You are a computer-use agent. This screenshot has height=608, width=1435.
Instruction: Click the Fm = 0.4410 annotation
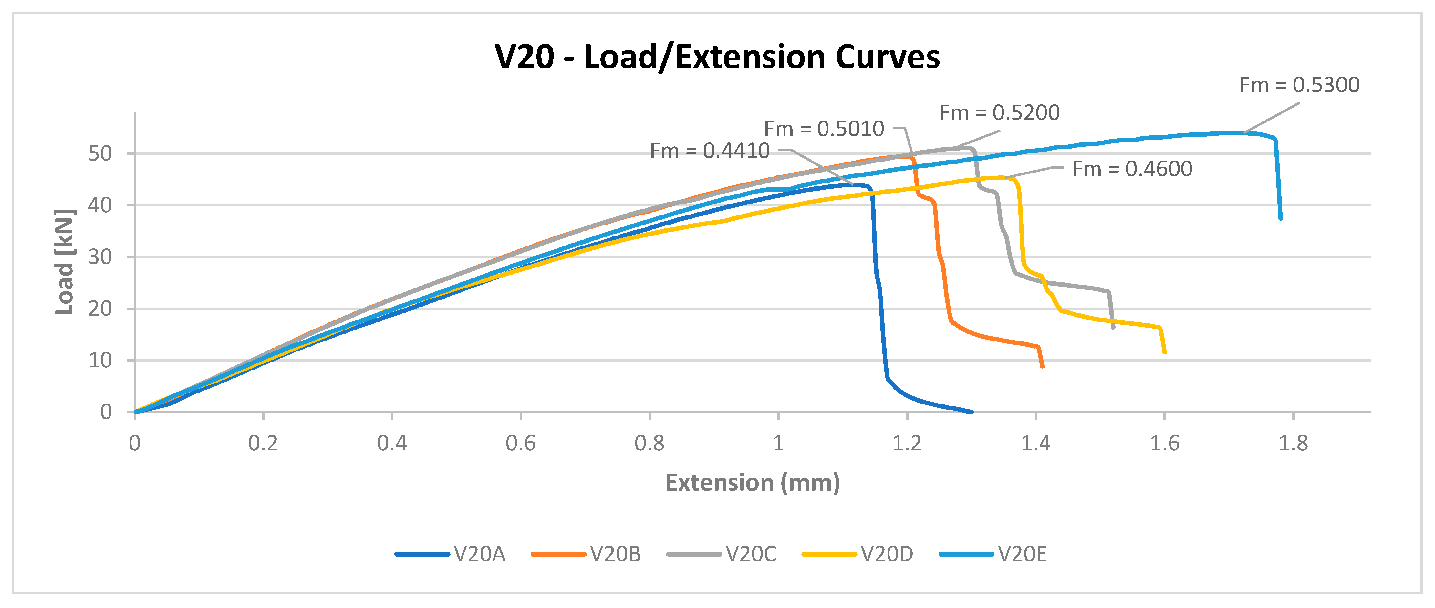(710, 151)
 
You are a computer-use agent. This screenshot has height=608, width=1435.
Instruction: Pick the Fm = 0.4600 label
(1132, 169)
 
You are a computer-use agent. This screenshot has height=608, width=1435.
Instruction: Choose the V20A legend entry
(450, 554)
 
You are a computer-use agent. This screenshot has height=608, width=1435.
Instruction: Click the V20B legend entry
(586, 554)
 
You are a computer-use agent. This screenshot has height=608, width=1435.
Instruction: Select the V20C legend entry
(722, 554)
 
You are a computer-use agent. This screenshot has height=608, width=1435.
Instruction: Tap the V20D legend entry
(858, 554)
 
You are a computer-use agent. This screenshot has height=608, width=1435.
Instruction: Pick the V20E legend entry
(993, 554)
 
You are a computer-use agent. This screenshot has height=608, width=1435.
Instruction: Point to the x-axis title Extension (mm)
(753, 483)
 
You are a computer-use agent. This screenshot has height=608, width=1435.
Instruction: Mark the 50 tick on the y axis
(100, 154)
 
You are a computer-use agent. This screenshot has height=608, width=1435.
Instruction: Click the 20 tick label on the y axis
(100, 309)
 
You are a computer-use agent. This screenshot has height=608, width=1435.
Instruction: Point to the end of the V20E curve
(1281, 218)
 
